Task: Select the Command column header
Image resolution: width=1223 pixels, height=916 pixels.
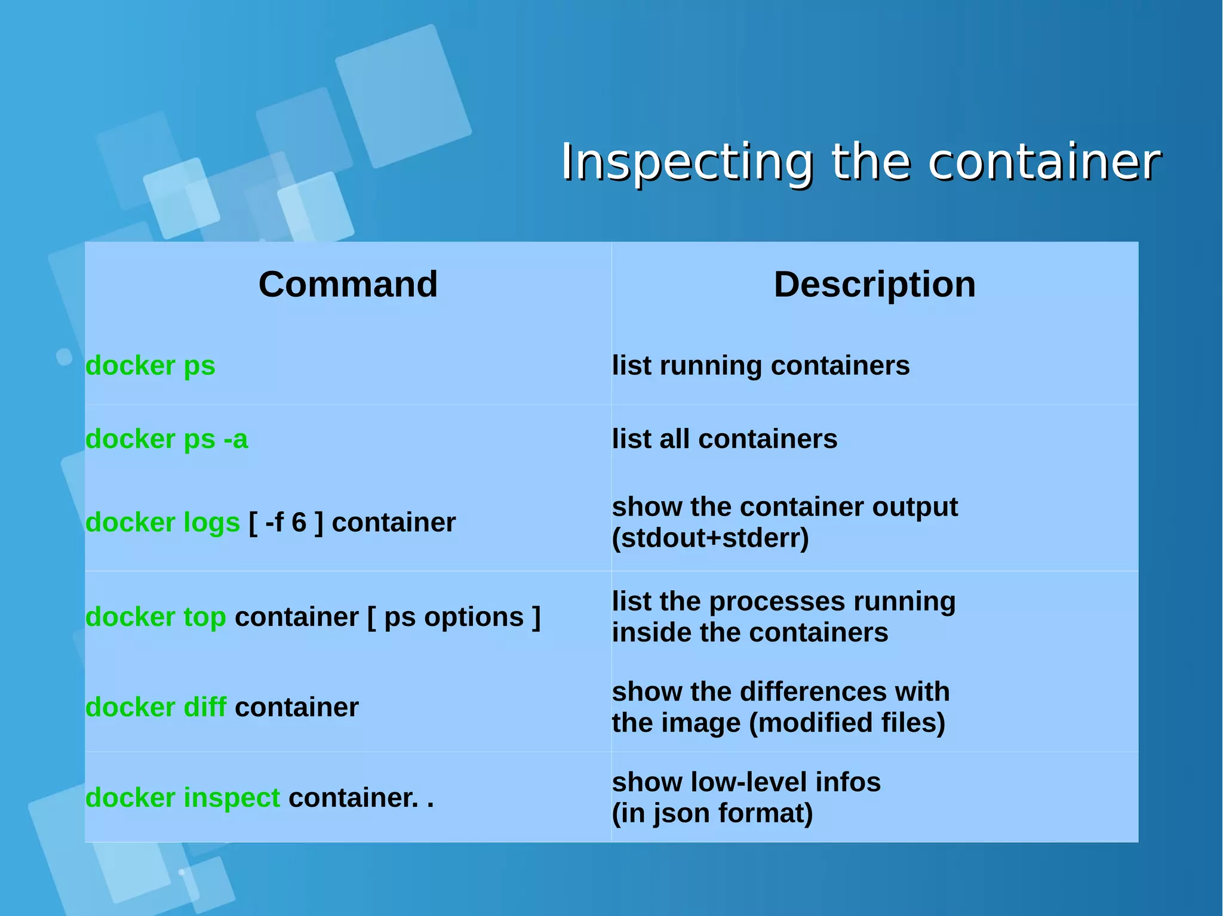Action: point(348,284)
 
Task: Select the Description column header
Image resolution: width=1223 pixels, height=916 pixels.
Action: point(874,284)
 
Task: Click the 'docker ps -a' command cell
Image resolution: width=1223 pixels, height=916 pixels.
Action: point(166,439)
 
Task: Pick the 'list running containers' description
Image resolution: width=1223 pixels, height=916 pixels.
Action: point(760,365)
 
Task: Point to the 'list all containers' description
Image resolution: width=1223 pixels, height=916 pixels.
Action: point(724,439)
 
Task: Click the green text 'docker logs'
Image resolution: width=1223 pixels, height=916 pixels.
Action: point(162,523)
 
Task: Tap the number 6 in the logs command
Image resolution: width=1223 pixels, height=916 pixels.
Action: point(299,523)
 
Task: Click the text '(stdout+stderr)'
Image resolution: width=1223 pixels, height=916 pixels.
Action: point(710,538)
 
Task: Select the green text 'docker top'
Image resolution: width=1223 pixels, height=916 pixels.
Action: point(155,617)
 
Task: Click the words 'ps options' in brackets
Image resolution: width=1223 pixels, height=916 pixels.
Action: point(453,617)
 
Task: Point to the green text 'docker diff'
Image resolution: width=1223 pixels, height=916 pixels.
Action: point(155,708)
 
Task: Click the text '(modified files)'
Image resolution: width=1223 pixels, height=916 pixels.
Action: point(847,723)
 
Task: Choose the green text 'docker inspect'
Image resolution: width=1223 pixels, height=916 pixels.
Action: point(182,798)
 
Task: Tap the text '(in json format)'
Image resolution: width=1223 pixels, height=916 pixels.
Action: point(712,813)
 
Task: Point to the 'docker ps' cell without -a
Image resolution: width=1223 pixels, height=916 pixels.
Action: point(150,365)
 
